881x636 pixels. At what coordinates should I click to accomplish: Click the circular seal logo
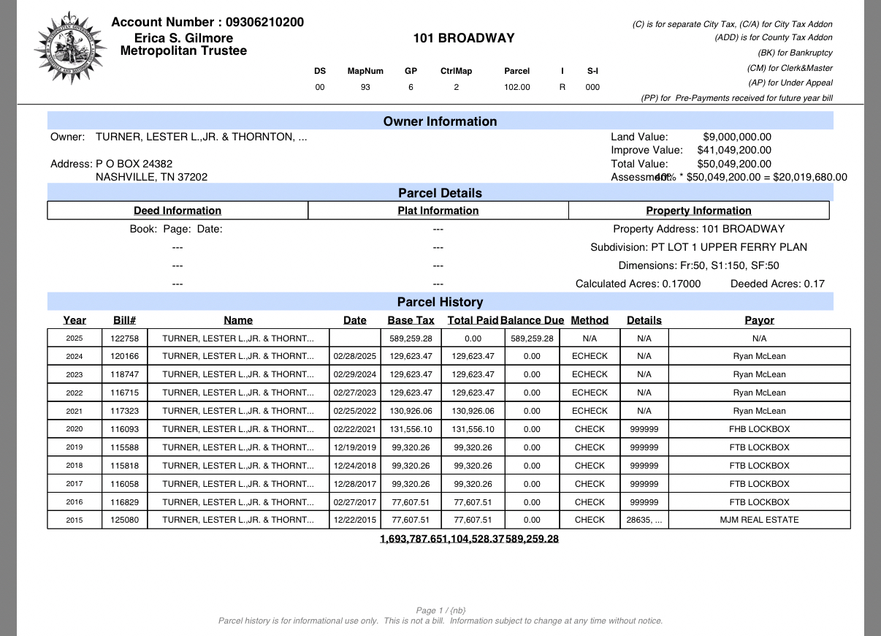(69, 48)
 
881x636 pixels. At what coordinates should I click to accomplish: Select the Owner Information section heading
(440, 121)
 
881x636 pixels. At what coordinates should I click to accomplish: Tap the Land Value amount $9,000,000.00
(736, 137)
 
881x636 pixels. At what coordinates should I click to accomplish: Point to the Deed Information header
(178, 211)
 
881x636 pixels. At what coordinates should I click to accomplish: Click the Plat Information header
(438, 211)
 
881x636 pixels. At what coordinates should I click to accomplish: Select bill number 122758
(124, 338)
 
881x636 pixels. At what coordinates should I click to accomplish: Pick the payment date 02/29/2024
(354, 374)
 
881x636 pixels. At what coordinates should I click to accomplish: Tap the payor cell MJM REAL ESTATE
(759, 520)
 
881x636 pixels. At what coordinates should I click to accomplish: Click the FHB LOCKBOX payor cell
(759, 429)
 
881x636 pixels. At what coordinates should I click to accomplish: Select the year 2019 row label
(75, 447)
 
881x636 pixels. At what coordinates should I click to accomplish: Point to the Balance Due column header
(532, 320)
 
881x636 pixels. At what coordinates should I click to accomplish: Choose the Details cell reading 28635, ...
(644, 520)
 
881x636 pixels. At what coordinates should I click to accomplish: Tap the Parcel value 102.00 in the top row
(516, 87)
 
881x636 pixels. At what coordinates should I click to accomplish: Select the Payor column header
(759, 320)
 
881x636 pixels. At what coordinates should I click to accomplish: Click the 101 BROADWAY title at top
(463, 38)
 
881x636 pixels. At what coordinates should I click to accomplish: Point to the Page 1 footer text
(440, 610)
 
